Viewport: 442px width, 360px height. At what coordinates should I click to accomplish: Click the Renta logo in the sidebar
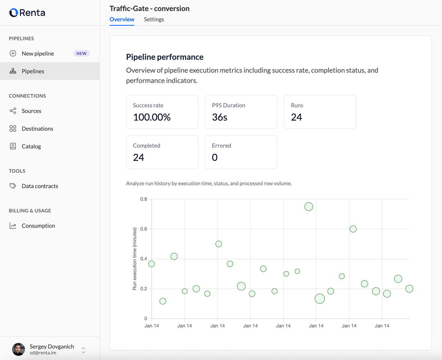27,13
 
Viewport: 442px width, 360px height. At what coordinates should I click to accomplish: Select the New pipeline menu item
38,54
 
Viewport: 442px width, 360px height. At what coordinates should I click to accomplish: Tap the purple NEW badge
81,54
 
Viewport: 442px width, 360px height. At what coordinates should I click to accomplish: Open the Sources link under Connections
31,111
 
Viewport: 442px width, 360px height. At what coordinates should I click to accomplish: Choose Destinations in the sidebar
37,128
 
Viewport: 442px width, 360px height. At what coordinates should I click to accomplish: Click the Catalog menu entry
31,146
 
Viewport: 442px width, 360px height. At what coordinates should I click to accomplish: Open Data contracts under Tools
40,186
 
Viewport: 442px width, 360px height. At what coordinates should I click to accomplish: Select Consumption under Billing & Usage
38,226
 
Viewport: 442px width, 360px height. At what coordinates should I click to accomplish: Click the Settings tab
154,19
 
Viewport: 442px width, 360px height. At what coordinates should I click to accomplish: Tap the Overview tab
122,19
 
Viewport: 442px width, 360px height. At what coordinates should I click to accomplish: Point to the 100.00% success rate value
152,117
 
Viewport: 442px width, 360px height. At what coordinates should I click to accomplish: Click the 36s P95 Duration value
220,117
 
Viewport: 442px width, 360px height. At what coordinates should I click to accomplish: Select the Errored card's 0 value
215,157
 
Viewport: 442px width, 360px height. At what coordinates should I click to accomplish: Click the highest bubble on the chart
309,207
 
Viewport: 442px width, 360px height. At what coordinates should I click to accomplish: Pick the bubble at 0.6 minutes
353,229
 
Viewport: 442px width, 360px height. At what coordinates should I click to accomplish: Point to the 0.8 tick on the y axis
144,199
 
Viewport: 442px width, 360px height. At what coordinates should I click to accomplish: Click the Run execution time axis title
135,259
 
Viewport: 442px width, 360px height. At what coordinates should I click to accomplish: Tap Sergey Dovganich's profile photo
18,349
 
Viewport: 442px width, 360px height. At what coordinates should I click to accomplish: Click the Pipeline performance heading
165,57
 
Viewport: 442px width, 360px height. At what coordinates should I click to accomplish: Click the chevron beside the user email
83,350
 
